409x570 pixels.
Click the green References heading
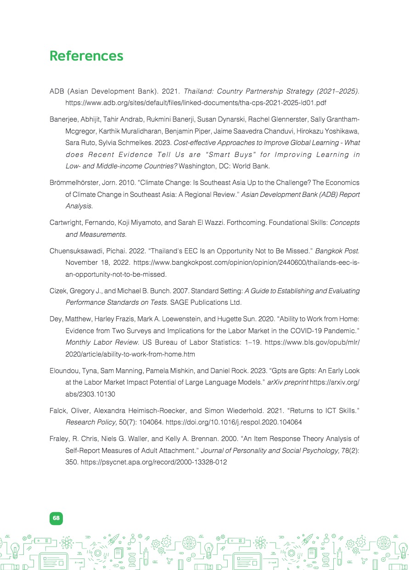click(86, 56)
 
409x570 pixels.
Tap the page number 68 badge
click(56, 518)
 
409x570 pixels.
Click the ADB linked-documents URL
click(196, 103)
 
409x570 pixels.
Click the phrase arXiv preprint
click(287, 382)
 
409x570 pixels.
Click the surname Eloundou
click(65, 370)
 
